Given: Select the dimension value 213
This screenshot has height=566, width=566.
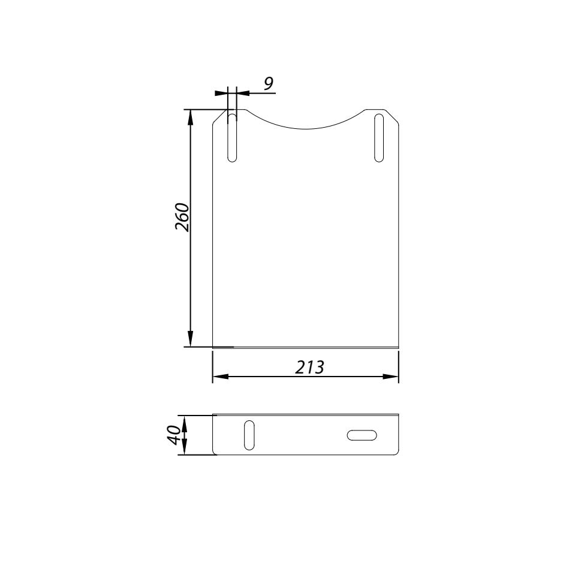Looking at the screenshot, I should pos(310,367).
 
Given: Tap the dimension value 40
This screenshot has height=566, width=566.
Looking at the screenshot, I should pos(173,434).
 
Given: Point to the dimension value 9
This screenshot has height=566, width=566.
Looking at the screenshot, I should pos(269,83).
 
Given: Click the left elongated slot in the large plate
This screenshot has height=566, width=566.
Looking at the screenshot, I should pos(232,137).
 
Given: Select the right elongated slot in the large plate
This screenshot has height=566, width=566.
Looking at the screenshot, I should pos(378,137).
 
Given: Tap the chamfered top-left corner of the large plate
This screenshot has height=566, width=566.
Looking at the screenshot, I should pos(219,116).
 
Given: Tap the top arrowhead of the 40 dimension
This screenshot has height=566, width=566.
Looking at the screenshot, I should pos(185,421).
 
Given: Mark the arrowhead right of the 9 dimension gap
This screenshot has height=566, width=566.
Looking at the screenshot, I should pos(243,93).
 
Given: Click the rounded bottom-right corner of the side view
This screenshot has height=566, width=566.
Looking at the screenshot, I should pos(397,453).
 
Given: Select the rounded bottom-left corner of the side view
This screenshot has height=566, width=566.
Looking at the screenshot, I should pos(215,453).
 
